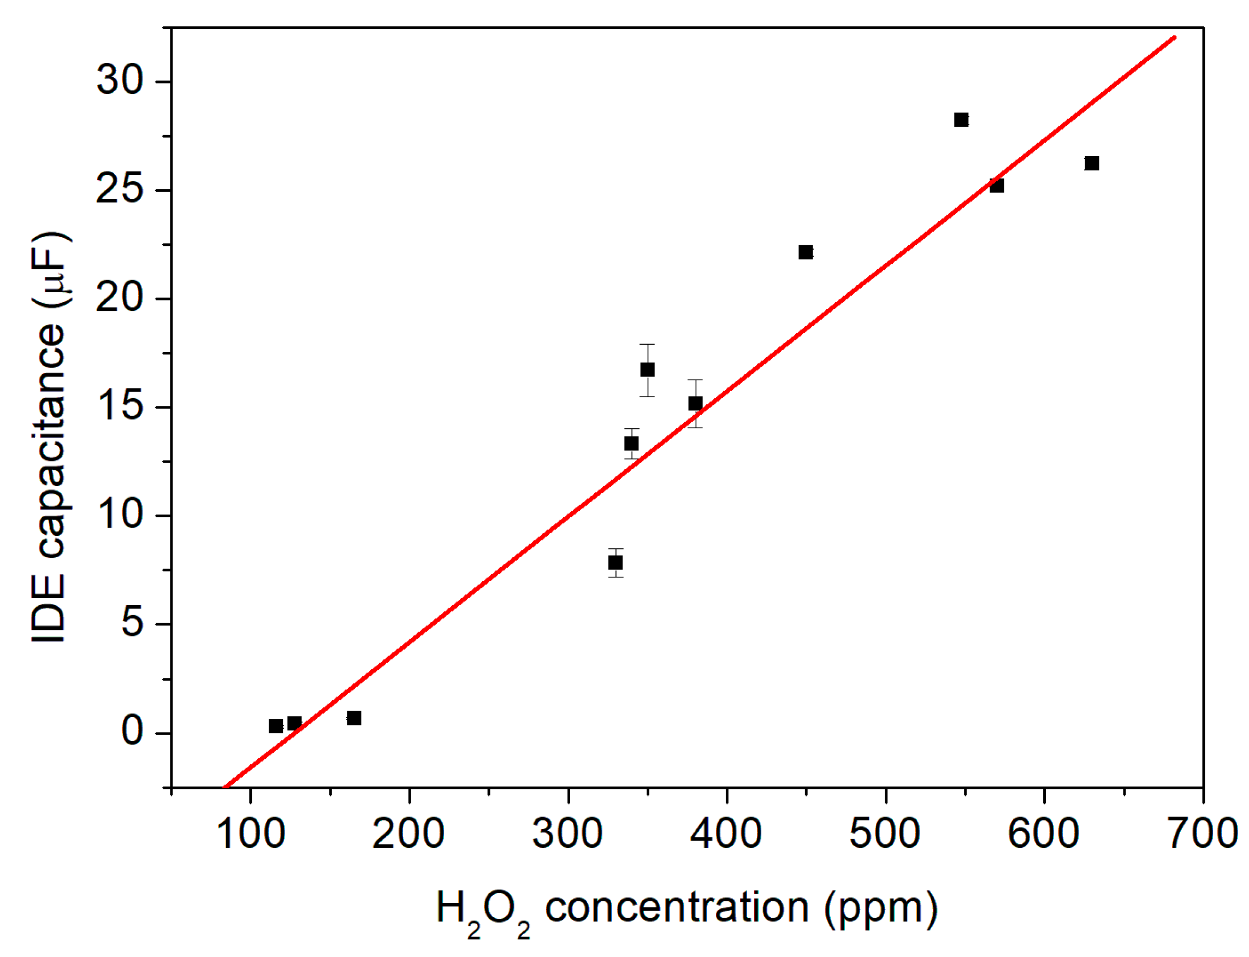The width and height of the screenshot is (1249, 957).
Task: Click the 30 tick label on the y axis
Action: pyautogui.click(x=119, y=79)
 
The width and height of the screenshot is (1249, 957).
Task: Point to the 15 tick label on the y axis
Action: pyautogui.click(x=119, y=406)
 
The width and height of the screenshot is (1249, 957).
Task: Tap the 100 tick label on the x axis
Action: pyautogui.click(x=251, y=834)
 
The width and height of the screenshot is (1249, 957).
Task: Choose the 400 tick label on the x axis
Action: pyautogui.click(x=726, y=834)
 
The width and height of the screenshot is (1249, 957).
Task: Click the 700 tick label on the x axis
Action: pyautogui.click(x=1202, y=834)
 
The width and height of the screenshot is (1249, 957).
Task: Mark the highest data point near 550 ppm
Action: pyautogui.click(x=961, y=120)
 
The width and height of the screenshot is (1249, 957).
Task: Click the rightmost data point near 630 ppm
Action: pyautogui.click(x=1091, y=163)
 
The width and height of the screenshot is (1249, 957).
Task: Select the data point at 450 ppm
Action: pyautogui.click(x=806, y=252)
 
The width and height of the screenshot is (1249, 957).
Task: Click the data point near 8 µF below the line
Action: pyautogui.click(x=615, y=563)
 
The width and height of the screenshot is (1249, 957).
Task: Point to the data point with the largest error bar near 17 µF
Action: pyautogui.click(x=647, y=370)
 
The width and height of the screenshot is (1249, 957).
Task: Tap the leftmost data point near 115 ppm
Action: pyautogui.click(x=276, y=726)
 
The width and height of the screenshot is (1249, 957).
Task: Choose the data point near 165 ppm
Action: pyautogui.click(x=354, y=718)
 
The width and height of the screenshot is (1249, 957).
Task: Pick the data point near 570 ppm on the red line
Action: pyautogui.click(x=996, y=186)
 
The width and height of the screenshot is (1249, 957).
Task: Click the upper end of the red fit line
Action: pyautogui.click(x=1174, y=38)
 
